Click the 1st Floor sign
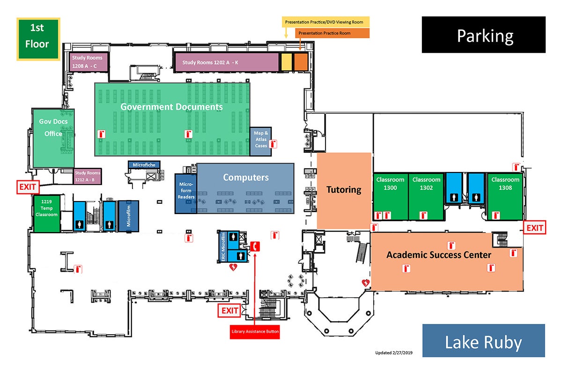38,39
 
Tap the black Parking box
484,35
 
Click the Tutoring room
344,190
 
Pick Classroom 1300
390,196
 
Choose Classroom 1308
505,196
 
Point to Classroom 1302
426,196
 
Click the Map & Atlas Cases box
261,140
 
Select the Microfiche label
144,165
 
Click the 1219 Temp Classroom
46,213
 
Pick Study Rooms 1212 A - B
87,176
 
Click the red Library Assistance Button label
255,332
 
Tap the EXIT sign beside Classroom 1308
535,228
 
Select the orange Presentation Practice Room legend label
332,33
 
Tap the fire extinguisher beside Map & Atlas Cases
274,144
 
